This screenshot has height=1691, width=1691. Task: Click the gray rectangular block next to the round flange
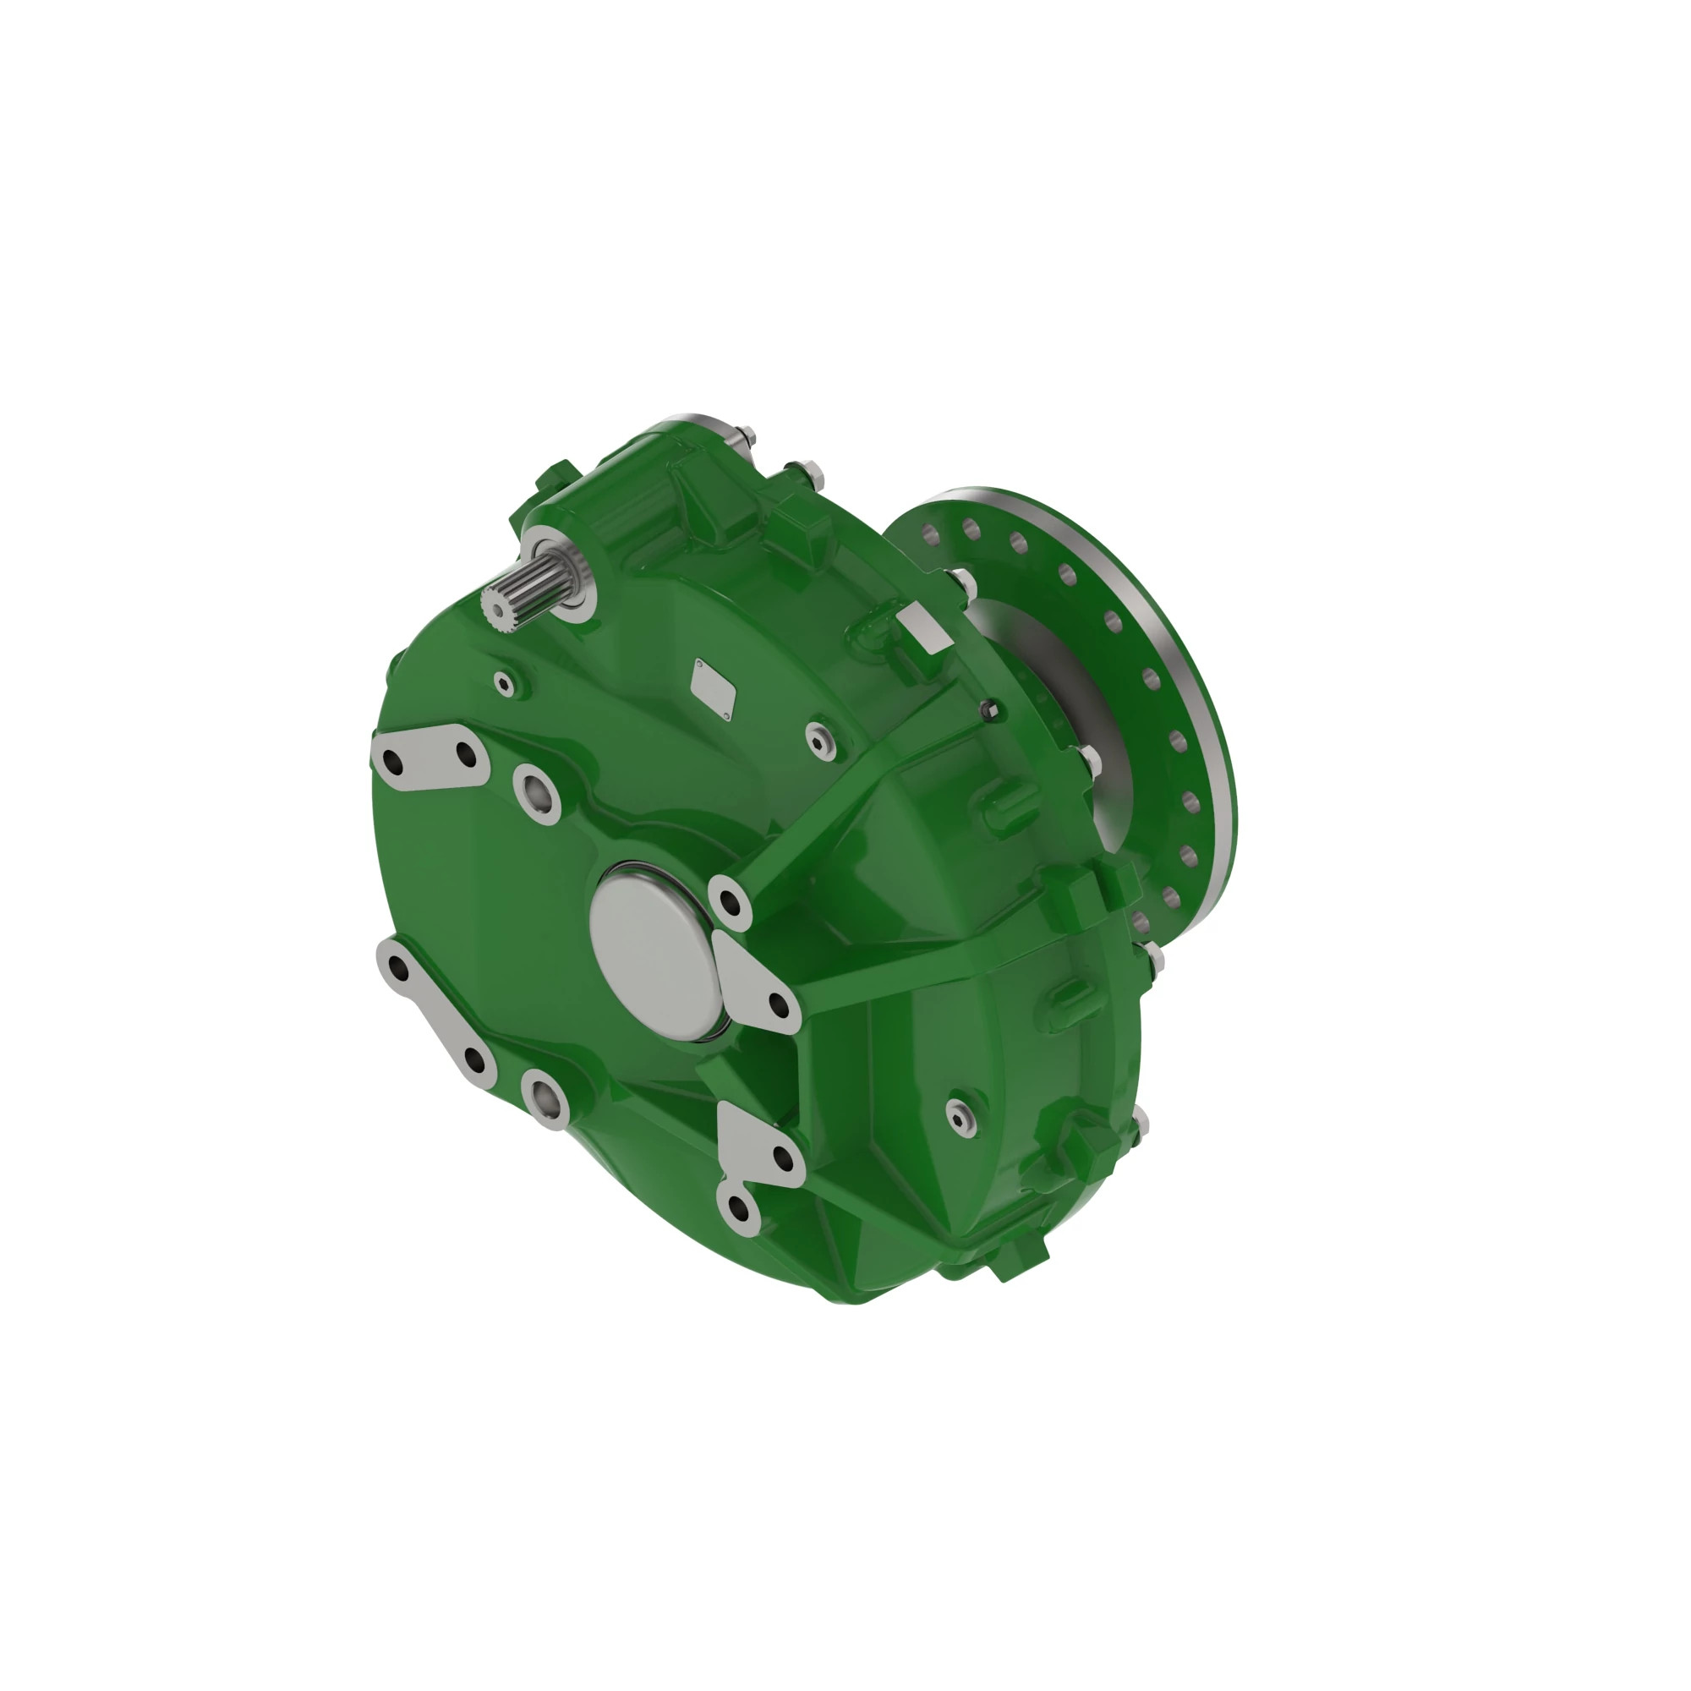click(923, 627)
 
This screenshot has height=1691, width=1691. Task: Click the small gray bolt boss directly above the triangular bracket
click(729, 900)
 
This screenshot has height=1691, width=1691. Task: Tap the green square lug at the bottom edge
click(1019, 1256)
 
